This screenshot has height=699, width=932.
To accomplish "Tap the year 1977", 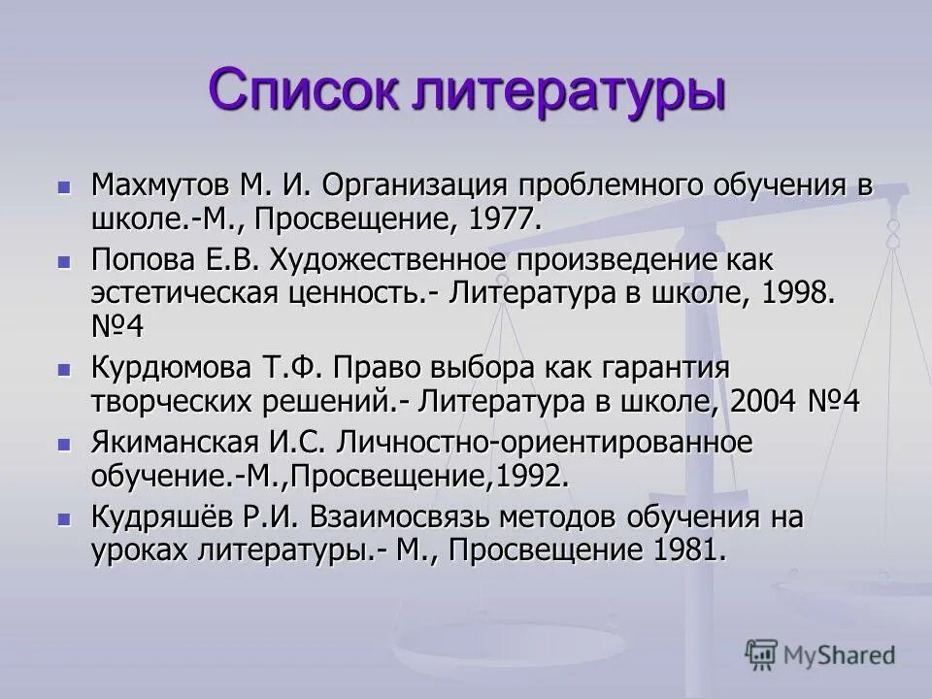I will click(x=502, y=217).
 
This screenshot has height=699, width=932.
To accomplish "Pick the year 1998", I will click(x=799, y=292).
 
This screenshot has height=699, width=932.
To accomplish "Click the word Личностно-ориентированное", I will click(x=545, y=444).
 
